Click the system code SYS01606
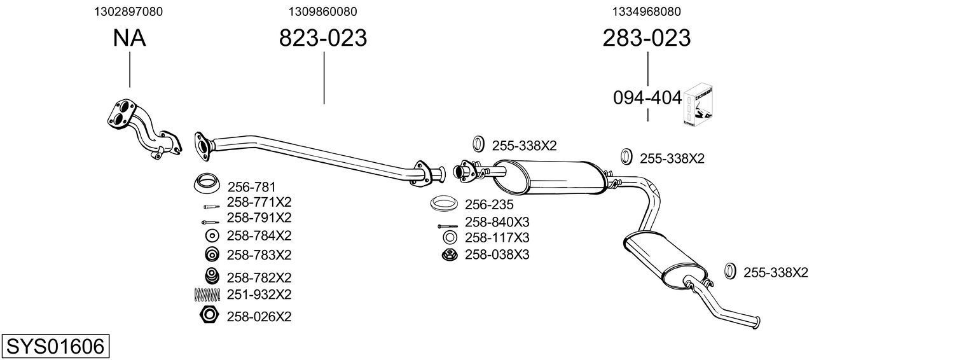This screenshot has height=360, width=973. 55,347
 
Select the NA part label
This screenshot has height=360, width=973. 129,38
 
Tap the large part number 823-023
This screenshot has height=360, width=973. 323,38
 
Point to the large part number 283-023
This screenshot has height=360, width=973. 646,38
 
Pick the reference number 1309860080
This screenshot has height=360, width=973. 322,11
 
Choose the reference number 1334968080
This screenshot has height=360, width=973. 647,11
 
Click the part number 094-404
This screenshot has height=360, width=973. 647,98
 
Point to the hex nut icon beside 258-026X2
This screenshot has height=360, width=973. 209,315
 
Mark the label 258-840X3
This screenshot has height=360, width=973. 497,222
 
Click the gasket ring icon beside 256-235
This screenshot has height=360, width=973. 445,204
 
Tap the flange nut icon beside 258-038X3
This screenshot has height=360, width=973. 448,254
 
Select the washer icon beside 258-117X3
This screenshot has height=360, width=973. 449,238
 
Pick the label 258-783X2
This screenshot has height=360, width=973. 259,254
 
